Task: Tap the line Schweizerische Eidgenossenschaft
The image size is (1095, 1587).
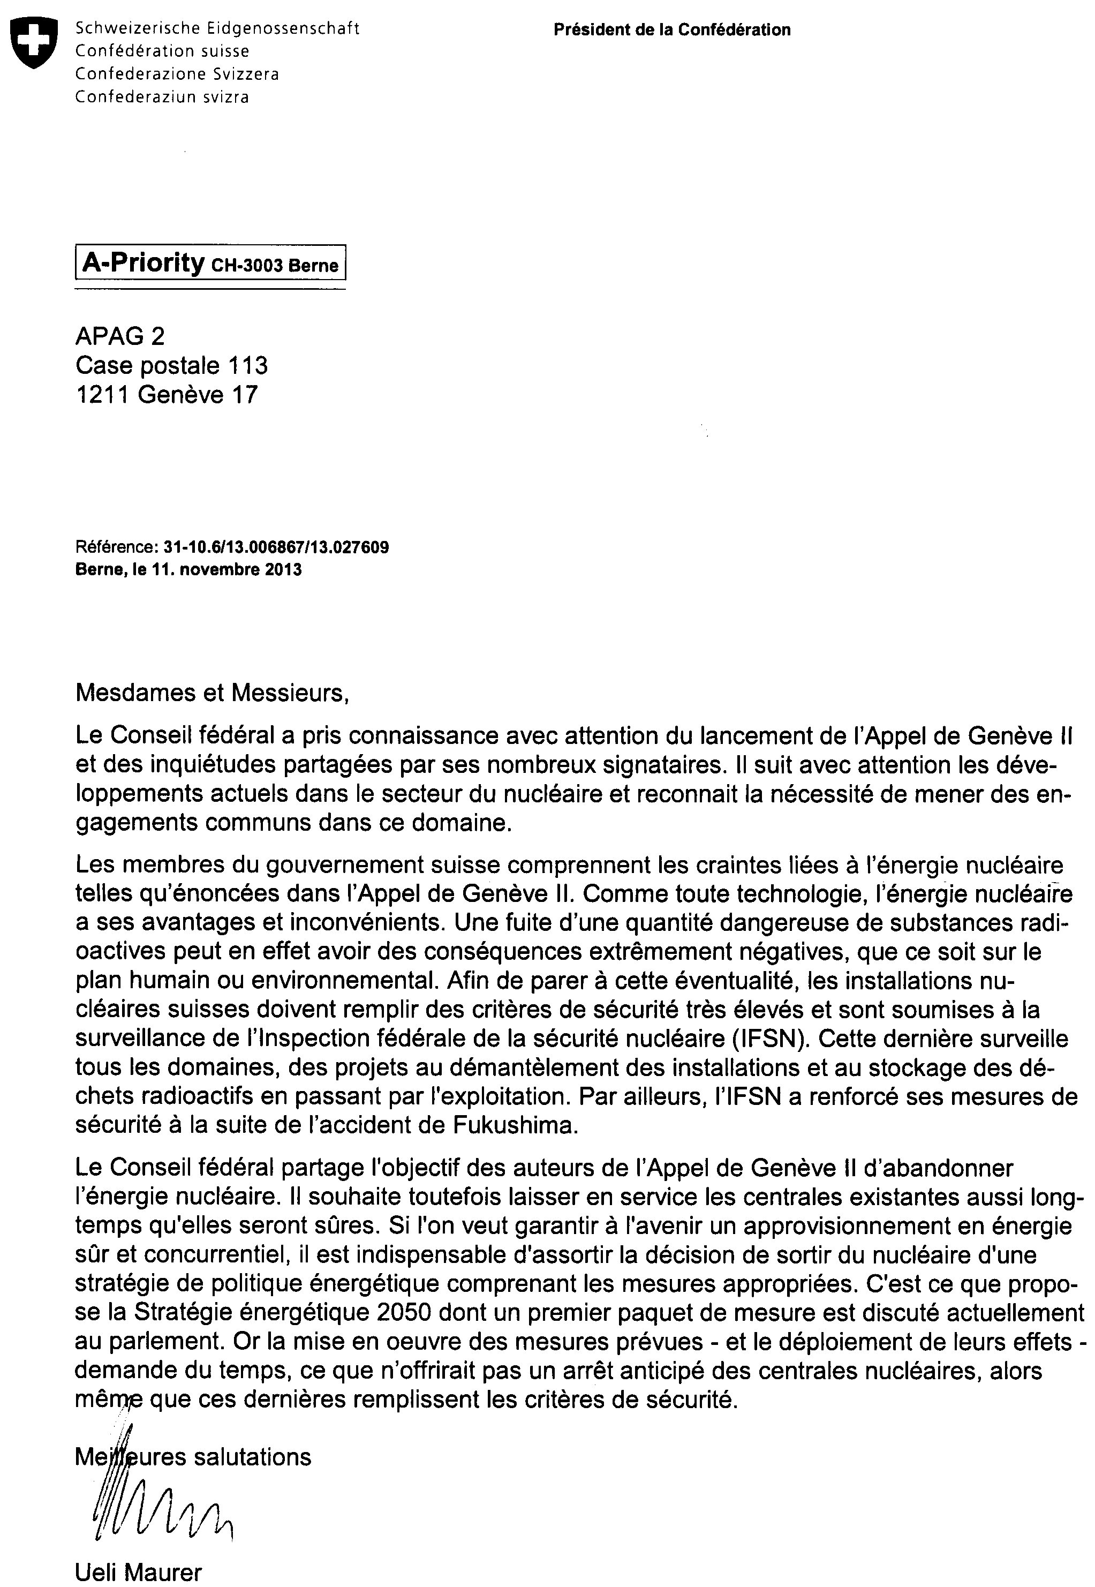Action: tap(217, 29)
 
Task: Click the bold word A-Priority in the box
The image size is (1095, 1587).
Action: tap(143, 263)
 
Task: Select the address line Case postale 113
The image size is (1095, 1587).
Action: tap(171, 366)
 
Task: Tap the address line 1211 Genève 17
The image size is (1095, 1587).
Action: tap(167, 395)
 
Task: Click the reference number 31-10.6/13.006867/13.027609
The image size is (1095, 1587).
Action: tap(276, 547)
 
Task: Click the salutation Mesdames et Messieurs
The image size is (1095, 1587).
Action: tap(212, 693)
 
